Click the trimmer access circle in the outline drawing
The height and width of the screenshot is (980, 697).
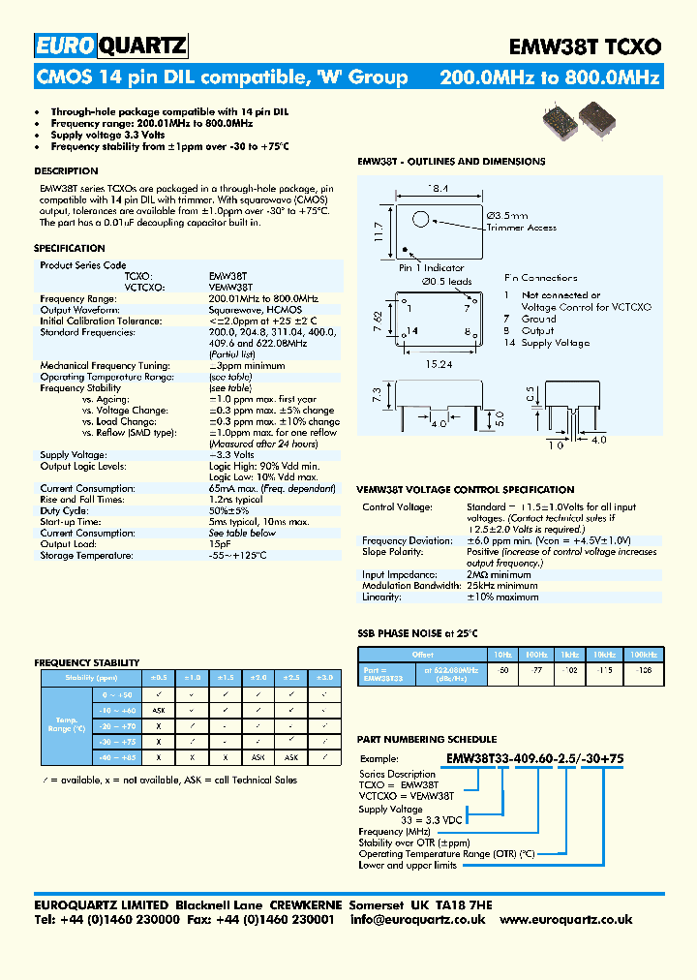422,221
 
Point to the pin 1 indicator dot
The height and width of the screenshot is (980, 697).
407,249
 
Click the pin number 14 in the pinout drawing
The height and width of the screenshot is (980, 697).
412,331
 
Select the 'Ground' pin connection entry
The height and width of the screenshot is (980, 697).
538,319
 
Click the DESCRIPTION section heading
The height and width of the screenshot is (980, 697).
66,171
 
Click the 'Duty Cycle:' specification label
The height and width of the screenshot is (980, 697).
65,510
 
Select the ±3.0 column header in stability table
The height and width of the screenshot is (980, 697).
325,678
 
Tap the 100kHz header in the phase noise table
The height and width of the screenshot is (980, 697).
643,655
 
